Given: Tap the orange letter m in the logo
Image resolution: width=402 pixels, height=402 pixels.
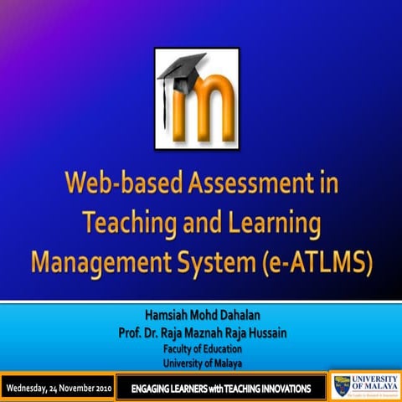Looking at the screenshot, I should (x=204, y=98).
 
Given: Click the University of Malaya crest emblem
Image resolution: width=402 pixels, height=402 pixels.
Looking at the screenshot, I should (x=340, y=386).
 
